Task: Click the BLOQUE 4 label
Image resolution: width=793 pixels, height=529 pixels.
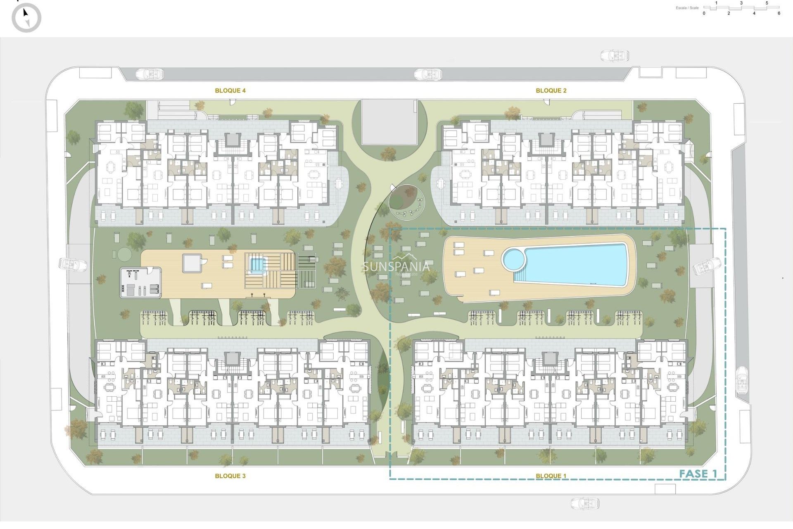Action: (x=230, y=91)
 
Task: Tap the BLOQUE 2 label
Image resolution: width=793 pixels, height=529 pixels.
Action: (x=551, y=91)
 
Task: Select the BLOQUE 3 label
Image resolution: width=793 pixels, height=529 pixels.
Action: (x=230, y=476)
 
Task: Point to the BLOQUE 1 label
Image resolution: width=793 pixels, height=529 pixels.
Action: (x=551, y=476)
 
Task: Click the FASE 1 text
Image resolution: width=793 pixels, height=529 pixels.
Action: (x=698, y=474)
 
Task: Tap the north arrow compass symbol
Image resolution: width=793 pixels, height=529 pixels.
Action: (x=26, y=17)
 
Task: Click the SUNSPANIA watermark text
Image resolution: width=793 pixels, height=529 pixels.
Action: (x=396, y=267)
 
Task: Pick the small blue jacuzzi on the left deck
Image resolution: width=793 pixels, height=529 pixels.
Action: (x=257, y=264)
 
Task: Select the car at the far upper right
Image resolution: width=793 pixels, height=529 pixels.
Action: (x=615, y=55)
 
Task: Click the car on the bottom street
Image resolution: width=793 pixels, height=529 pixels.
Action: (x=585, y=503)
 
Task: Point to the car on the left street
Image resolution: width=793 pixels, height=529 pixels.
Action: (x=73, y=264)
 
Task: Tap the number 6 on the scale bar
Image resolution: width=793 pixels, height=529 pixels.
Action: (x=779, y=13)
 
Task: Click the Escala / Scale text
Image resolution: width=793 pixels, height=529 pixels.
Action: (x=687, y=8)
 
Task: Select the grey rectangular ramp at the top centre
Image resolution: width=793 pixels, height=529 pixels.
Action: (x=389, y=122)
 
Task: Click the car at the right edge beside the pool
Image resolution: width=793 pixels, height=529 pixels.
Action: (x=707, y=266)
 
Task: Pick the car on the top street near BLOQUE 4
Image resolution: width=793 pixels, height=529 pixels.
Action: (x=150, y=74)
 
